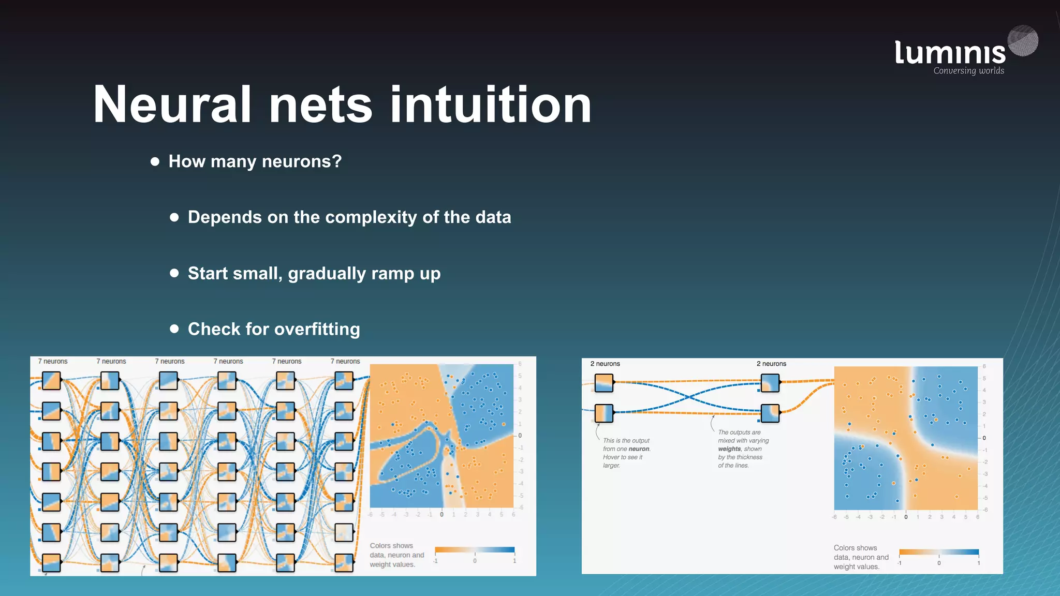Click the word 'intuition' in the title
pos(490,105)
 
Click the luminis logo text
pos(950,53)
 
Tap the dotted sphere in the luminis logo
pos(1023,40)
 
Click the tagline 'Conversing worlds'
pos(968,71)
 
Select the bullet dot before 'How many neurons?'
pos(155,161)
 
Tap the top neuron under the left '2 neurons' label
pos(604,383)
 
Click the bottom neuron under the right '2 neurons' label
pos(770,413)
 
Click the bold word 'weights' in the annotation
pos(729,449)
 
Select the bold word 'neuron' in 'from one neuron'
pos(639,449)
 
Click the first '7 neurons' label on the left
pos(53,361)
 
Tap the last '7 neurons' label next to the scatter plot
pos(345,361)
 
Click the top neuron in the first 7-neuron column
pos(51,381)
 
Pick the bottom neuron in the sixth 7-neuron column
pos(344,562)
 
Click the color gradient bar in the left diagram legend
pos(475,550)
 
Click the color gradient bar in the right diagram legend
pos(939,552)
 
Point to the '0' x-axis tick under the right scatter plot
pos(906,517)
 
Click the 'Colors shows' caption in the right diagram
pos(855,548)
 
